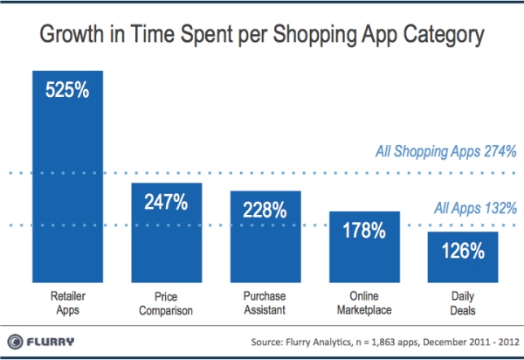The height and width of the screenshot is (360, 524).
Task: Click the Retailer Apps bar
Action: (x=68, y=175)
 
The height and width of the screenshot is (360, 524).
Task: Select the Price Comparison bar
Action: (x=167, y=232)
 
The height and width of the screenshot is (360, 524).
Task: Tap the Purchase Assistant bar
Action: (x=265, y=236)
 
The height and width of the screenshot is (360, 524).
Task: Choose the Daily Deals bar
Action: (x=463, y=257)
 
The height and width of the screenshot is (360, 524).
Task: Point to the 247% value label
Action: (x=167, y=203)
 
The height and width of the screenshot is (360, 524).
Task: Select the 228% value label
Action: (x=265, y=210)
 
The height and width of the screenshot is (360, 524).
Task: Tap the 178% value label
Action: (x=364, y=231)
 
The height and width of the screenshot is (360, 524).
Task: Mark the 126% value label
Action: (x=463, y=251)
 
